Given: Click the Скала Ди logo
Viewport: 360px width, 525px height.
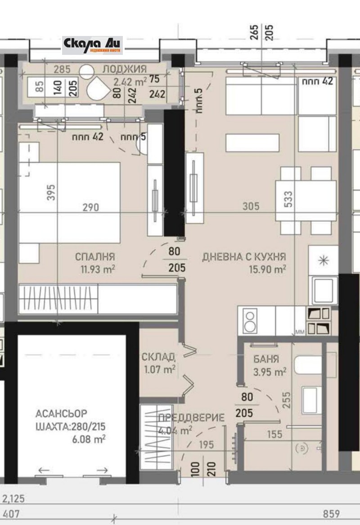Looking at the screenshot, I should (x=92, y=45).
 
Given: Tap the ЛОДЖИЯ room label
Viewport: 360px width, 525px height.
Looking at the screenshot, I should (x=124, y=69).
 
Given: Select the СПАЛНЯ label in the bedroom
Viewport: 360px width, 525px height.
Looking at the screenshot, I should (x=95, y=257).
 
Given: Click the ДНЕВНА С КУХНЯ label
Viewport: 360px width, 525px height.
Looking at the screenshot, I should (x=244, y=257).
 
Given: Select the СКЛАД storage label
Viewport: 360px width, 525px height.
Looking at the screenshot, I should (x=158, y=357).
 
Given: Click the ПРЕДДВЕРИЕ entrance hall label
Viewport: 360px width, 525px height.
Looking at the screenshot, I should (x=191, y=418).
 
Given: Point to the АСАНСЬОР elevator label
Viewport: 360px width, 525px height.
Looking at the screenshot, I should (x=61, y=414).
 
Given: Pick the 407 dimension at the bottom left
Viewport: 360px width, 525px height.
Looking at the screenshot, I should (x=12, y=514).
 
